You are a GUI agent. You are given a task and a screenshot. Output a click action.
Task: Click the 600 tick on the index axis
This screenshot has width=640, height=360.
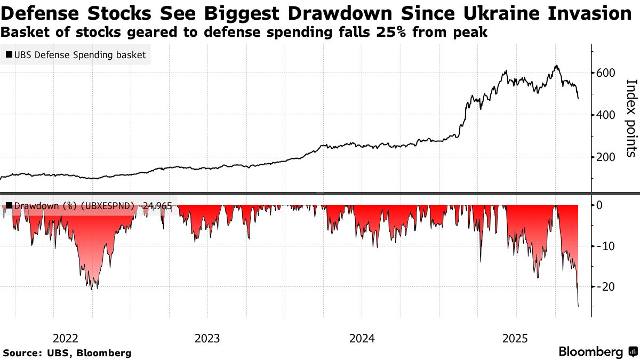click(x=606, y=73)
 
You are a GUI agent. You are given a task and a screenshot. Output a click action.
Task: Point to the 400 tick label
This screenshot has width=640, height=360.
click(x=606, y=115)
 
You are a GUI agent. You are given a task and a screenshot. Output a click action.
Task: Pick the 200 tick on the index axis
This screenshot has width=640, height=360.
click(x=606, y=157)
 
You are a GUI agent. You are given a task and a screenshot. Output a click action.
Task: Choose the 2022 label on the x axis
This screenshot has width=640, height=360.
click(x=66, y=338)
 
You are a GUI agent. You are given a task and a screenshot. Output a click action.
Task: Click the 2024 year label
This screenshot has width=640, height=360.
click(x=362, y=338)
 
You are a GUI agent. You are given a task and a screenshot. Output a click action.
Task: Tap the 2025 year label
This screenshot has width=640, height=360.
click(x=517, y=338)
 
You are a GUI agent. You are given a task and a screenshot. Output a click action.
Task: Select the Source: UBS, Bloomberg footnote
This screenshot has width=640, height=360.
click(x=67, y=353)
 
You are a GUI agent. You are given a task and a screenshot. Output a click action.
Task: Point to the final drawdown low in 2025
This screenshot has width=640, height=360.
click(x=578, y=307)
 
